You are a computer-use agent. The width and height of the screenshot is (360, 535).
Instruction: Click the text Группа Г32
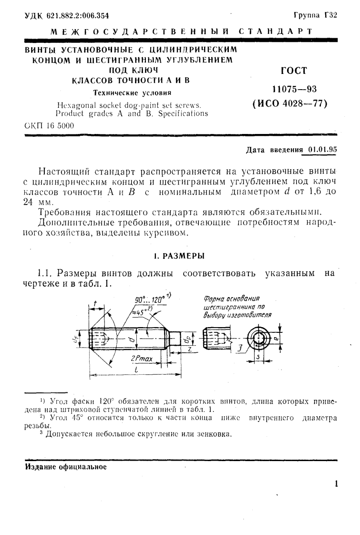point(316,15)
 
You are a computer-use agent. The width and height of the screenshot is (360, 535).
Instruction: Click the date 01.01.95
point(322,149)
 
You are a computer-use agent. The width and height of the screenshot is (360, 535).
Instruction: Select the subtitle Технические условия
point(130,93)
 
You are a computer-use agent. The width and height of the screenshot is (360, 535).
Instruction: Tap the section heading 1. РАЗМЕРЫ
point(179,256)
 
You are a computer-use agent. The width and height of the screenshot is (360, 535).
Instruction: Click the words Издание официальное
point(65,466)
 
